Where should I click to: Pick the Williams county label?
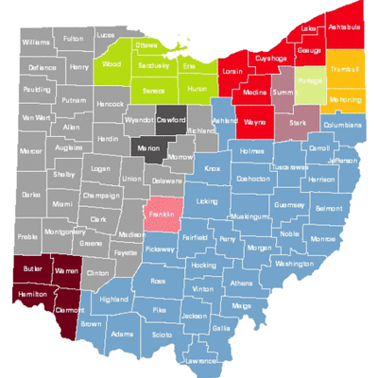click(36, 43)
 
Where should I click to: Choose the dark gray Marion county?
click(148, 149)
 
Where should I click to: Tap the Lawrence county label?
click(200, 361)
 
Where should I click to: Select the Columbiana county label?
click(342, 125)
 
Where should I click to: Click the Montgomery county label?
click(64, 232)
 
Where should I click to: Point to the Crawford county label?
click(169, 121)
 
